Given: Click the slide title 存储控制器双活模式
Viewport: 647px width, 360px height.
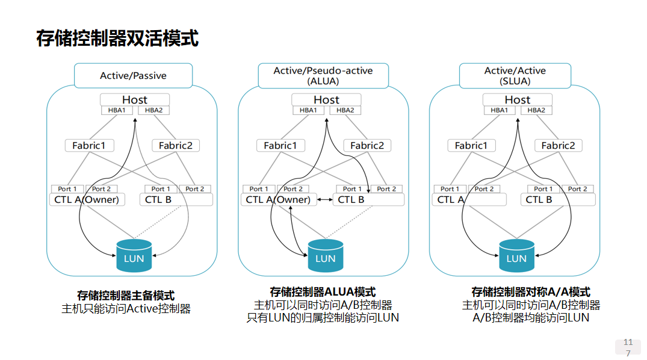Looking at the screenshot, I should pyautogui.click(x=117, y=39).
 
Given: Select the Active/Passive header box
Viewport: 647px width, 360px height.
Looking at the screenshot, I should pyautogui.click(x=133, y=76).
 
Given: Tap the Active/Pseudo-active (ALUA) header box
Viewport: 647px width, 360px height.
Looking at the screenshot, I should pyautogui.click(x=323, y=76).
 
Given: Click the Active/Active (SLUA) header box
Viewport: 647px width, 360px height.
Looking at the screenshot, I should pyautogui.click(x=515, y=76).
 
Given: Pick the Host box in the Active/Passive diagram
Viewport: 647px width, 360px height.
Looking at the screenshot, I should pyautogui.click(x=134, y=99).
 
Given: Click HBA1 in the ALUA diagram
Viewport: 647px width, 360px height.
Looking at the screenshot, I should pyautogui.click(x=308, y=110).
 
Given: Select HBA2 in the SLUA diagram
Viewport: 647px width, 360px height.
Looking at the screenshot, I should pyautogui.click(x=536, y=110).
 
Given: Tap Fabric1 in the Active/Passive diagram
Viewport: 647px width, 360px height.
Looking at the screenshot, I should pyautogui.click(x=89, y=146).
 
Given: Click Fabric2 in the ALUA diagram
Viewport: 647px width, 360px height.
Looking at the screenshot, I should pyautogui.click(x=367, y=146).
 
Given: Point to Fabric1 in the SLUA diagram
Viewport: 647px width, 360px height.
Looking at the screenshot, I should pyautogui.click(x=471, y=146).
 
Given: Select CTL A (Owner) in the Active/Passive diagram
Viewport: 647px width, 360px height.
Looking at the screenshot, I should pyautogui.click(x=87, y=199).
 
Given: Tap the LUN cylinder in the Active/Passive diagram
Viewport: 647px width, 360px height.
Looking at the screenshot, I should pyautogui.click(x=134, y=256).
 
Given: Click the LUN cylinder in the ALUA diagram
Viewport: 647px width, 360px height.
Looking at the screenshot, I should pyautogui.click(x=325, y=256).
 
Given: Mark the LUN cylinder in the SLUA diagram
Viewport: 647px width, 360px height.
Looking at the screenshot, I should pyautogui.click(x=516, y=256).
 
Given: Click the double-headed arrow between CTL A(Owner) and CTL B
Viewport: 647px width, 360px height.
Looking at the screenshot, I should pyautogui.click(x=326, y=200).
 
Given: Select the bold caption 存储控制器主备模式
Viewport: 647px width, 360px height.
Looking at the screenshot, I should pyautogui.click(x=126, y=296).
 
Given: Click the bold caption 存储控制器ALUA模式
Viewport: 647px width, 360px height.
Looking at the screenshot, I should pyautogui.click(x=323, y=292).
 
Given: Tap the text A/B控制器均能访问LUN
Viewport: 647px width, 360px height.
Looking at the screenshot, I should pyautogui.click(x=531, y=317).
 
